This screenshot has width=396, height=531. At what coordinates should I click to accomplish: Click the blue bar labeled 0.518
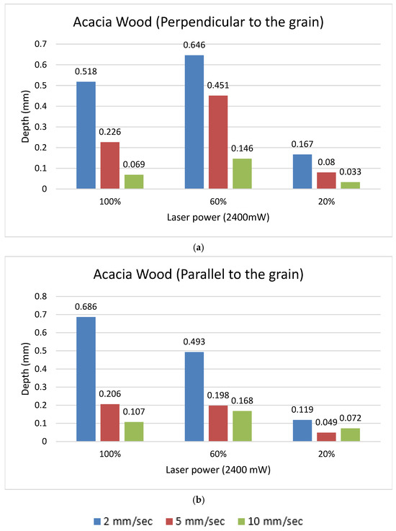click(x=86, y=135)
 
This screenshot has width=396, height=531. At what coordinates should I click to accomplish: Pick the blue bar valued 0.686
click(x=86, y=379)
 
